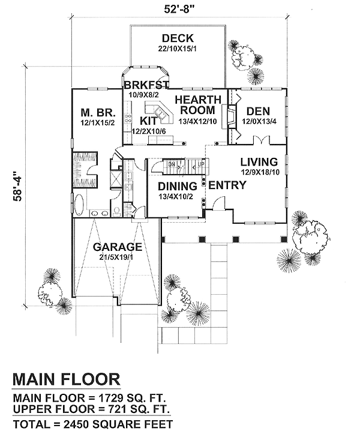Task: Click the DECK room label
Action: (176, 39)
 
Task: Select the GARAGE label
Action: (117, 247)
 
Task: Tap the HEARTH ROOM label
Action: (197, 104)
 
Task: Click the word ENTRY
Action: (227, 185)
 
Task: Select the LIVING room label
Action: (259, 162)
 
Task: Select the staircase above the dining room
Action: (180, 164)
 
